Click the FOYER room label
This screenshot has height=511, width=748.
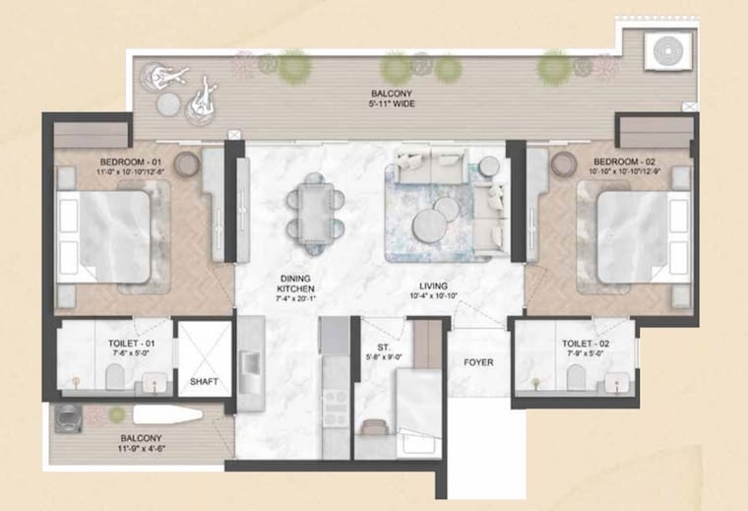478,362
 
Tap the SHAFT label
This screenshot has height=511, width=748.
203,382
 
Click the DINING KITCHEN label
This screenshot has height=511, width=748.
295,283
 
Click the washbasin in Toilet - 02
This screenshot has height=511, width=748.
618,382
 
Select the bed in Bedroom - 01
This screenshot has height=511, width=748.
103,237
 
